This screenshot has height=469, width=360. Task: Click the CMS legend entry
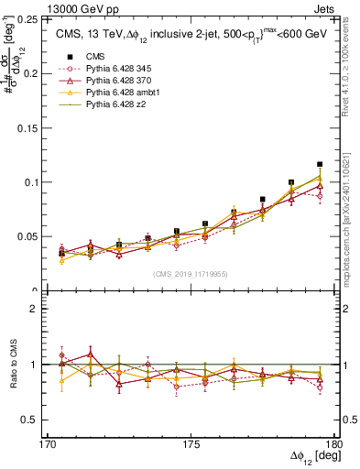pos(95,55)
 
